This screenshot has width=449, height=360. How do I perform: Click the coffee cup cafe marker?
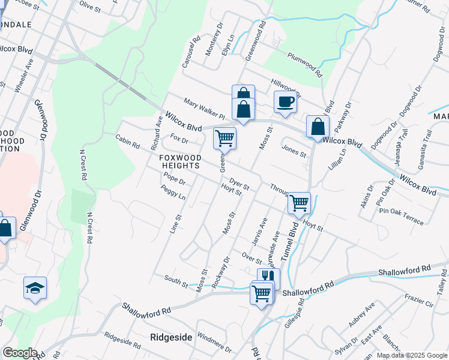286,101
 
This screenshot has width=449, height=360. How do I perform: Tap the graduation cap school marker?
35,289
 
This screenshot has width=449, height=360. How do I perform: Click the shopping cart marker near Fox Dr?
224,138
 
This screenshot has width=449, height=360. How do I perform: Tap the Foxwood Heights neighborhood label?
180,162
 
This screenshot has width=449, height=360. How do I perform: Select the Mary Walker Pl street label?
203,109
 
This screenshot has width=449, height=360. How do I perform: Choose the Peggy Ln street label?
173,193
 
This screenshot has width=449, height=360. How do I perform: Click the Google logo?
20,353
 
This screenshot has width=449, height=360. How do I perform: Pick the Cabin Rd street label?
127,142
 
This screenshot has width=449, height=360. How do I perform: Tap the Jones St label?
294,151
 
